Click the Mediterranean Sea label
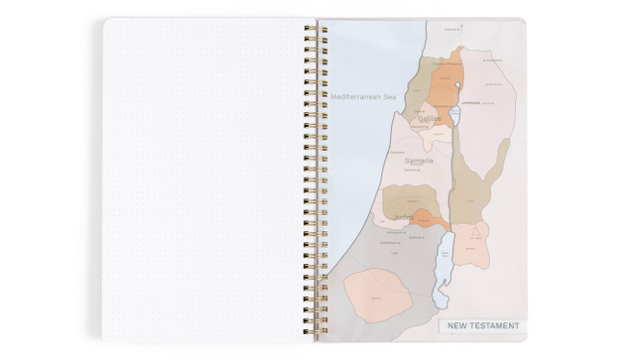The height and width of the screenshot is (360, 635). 364,96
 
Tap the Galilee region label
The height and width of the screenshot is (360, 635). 430,118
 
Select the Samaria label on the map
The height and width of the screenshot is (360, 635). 420,160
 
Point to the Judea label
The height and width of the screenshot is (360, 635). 403,217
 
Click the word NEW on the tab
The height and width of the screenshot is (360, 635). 458,325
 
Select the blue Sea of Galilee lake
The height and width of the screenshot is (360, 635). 455,116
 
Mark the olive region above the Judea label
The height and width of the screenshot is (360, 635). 407,198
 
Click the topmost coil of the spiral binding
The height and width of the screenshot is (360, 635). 313,28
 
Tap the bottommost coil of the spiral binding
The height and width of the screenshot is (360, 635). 313,332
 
